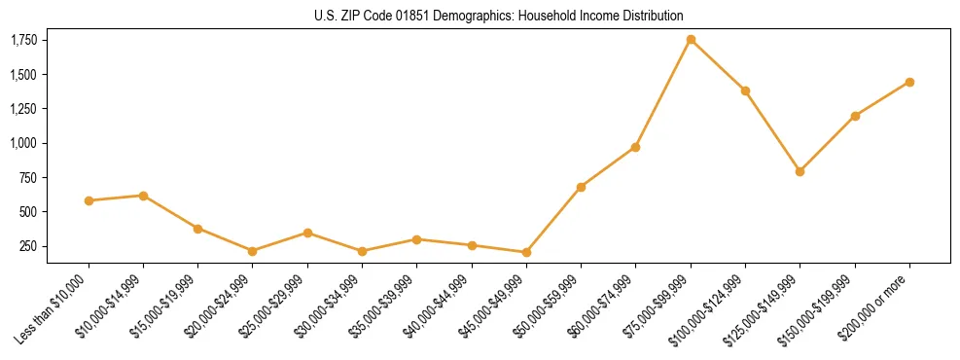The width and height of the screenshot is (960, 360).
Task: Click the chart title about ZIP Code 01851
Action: pos(499,16)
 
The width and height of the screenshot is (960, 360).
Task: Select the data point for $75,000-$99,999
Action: pos(691,40)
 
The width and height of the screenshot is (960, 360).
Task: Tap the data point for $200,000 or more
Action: pos(909,82)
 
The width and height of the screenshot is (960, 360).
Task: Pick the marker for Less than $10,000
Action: pos(89,200)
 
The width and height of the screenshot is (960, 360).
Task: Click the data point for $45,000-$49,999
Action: pos(526,252)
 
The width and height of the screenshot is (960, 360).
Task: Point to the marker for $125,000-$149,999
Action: pos(800,171)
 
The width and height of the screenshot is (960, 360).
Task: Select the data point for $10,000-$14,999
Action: pos(143,196)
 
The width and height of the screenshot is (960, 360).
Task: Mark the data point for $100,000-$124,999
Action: pos(745,90)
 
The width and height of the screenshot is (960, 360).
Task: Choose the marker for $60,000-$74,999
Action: pos(635,147)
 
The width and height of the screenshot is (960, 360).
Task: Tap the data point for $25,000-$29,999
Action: pos(307,233)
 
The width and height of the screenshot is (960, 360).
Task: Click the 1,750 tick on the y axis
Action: pos(23,40)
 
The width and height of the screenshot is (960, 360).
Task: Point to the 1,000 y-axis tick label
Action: pos(23,143)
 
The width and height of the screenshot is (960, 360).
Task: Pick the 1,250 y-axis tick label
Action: pos(23,109)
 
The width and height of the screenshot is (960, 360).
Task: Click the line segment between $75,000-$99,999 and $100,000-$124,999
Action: pos(718,65)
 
